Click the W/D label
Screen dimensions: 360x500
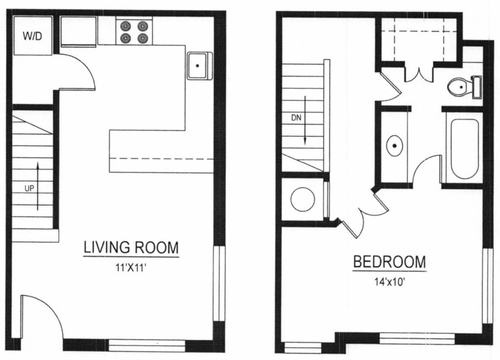33,36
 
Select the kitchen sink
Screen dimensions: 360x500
199,65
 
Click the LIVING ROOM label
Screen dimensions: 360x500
131,248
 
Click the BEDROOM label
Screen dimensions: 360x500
389,262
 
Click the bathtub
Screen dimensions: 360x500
464,148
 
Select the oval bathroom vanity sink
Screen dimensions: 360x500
395,146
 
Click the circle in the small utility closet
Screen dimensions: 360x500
302,199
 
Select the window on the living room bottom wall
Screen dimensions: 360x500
146,345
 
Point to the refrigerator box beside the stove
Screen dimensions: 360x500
78,30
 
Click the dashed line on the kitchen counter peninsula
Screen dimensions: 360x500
161,159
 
